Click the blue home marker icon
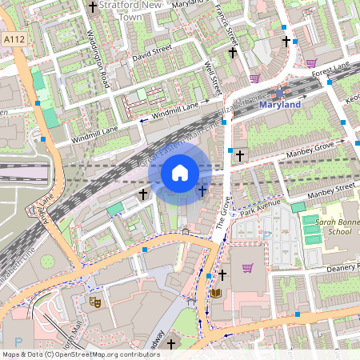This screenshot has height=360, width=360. [180, 172]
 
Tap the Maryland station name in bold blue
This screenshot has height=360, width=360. [280, 105]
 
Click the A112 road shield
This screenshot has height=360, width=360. [13, 38]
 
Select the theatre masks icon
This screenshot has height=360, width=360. [94, 302]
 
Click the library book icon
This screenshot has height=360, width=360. [215, 294]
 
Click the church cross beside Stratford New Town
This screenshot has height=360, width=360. [93, 7]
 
